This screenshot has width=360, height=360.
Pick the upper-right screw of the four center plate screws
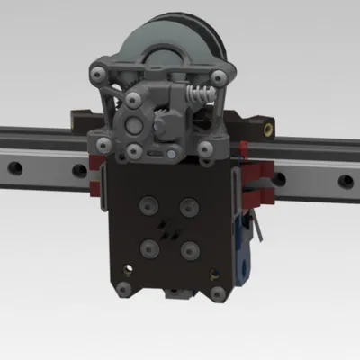(x=187, y=206)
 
